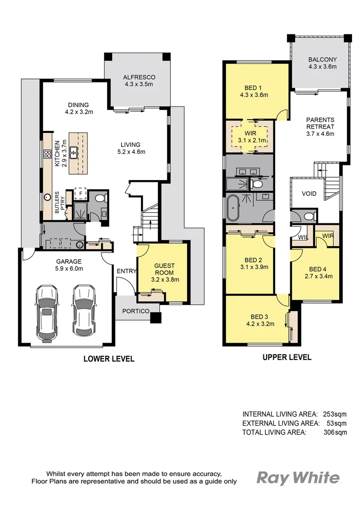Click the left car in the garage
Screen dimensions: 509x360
[47, 312]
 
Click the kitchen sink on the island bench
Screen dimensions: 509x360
[74, 152]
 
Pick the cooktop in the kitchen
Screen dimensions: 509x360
[48, 154]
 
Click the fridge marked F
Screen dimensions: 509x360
[81, 193]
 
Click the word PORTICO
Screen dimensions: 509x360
[136, 311]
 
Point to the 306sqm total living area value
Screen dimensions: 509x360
[334, 432]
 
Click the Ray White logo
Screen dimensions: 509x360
[297, 478]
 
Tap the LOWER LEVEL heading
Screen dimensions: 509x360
[109, 359]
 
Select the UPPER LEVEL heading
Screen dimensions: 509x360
[286, 357]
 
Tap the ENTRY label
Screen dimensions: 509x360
[126, 271]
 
